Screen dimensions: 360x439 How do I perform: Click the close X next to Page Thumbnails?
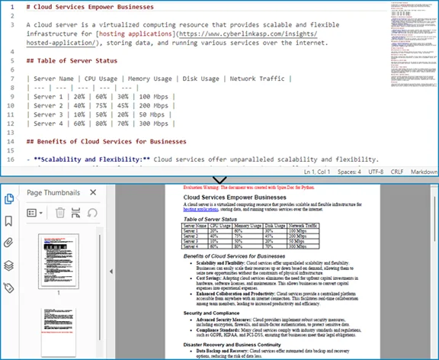tap(93, 193)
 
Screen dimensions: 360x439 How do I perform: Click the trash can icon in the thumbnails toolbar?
tap(60, 213)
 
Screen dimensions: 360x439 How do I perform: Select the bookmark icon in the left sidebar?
tap(9, 221)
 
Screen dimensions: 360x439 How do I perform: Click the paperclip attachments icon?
tap(9, 243)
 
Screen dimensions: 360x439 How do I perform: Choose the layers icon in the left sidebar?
tap(9, 265)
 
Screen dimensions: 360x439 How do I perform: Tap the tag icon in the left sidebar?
tap(9, 288)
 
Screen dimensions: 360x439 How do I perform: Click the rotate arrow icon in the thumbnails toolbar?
tap(91, 213)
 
